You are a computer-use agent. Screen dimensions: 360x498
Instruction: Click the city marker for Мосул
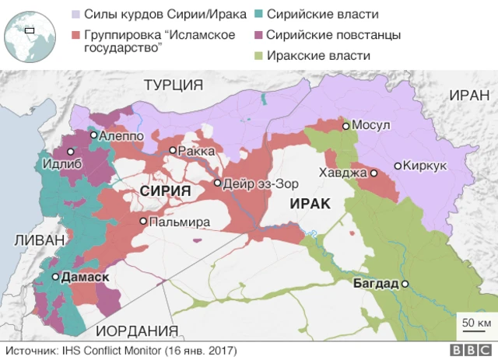click(x=345, y=125)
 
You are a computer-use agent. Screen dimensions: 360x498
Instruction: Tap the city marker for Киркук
click(x=398, y=166)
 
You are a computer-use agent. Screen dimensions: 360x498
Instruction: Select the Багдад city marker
click(x=405, y=284)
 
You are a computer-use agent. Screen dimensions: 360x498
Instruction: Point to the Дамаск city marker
click(x=55, y=277)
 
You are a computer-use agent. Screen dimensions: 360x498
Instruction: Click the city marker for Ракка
click(x=172, y=151)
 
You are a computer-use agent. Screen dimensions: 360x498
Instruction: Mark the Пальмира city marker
click(x=143, y=222)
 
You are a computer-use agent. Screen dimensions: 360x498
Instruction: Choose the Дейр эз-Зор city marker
click(x=218, y=183)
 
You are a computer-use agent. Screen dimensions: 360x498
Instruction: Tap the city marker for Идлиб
click(x=71, y=152)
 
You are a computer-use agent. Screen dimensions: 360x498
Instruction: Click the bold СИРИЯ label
click(x=166, y=190)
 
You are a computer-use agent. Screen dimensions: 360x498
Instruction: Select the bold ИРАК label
click(x=309, y=204)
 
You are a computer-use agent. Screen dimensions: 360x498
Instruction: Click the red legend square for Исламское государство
click(x=75, y=35)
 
